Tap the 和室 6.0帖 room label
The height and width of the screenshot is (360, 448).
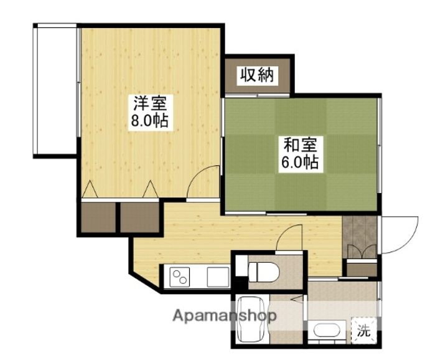pos(301,154)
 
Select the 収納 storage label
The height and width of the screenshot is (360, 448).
pos(258,75)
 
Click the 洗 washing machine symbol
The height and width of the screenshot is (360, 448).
pos(364,331)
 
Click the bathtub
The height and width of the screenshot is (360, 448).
pos(251,319)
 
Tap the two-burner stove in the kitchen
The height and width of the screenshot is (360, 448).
pos(180,277)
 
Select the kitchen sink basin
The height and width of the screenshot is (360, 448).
pos(218,277)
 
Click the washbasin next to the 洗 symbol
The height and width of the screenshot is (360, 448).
pos(327,331)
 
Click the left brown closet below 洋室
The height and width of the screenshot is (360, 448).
pos(98,217)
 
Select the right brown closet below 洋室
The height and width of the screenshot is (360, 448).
pos(139,217)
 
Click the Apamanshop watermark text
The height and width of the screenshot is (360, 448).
pos(225,316)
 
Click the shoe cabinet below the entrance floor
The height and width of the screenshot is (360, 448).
pos(362,270)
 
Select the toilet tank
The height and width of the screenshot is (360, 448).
pos(241,266)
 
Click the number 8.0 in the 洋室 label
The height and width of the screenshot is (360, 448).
pos(141,121)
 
